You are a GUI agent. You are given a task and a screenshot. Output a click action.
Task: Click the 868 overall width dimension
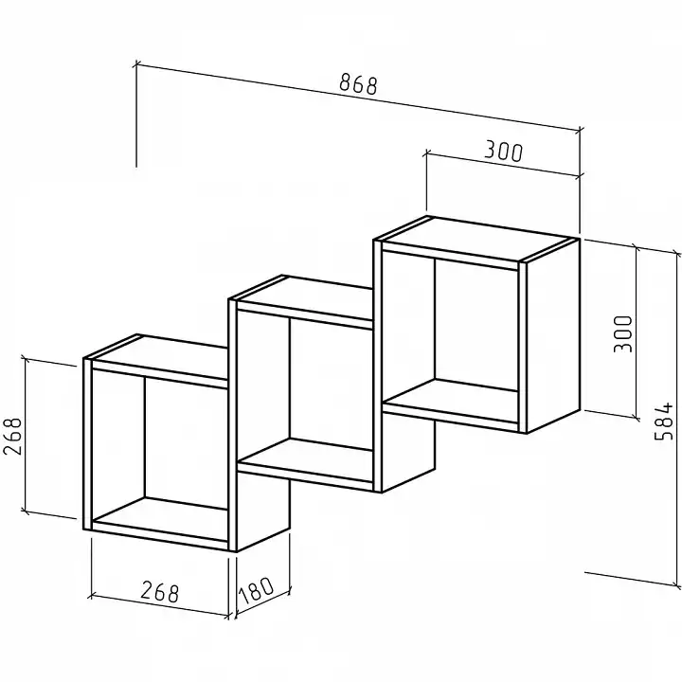click(358, 84)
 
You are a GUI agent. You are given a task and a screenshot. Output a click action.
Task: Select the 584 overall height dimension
click(664, 422)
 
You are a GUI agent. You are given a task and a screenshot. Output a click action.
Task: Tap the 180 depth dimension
click(256, 591)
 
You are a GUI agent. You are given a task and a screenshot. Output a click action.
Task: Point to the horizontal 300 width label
click(503, 151)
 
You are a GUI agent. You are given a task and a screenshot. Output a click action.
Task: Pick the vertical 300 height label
click(622, 334)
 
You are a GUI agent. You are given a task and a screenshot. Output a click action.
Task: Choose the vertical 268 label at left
click(12, 437)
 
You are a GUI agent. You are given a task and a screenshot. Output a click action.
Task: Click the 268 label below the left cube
click(160, 591)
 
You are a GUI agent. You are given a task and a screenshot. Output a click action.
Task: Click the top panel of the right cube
click(477, 240)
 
